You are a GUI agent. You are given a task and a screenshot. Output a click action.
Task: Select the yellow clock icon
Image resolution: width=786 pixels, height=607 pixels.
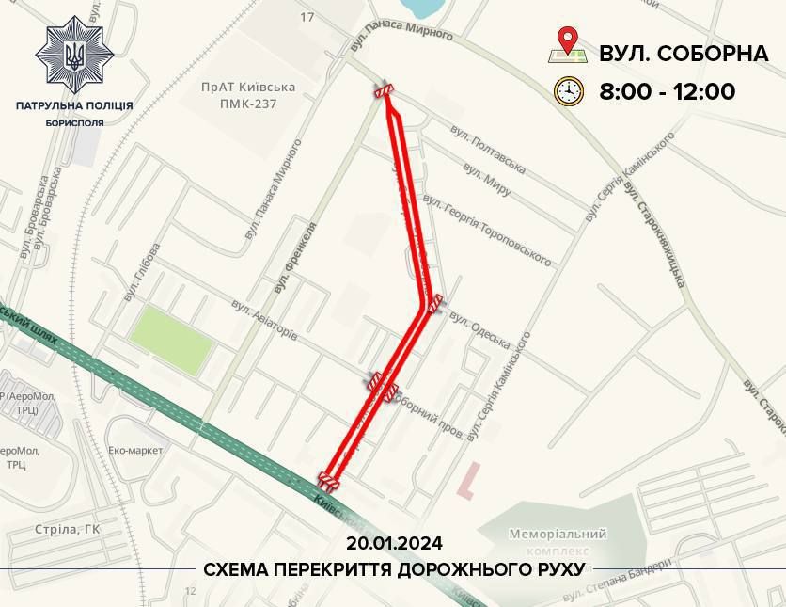point(568,91)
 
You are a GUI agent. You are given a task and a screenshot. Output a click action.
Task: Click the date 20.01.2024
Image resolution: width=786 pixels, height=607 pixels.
point(393,544)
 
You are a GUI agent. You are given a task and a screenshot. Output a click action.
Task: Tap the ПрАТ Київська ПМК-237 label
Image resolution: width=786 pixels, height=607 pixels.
point(247,94)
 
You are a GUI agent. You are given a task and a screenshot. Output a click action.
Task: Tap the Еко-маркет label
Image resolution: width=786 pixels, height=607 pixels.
point(135,450)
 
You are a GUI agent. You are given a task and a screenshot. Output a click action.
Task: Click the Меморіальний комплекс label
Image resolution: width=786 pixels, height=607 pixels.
point(558,541)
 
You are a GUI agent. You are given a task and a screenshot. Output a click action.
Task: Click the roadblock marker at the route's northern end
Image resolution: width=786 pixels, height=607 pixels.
point(383,91)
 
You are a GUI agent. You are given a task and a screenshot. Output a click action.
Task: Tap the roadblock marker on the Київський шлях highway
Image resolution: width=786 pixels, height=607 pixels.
point(329,480)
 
